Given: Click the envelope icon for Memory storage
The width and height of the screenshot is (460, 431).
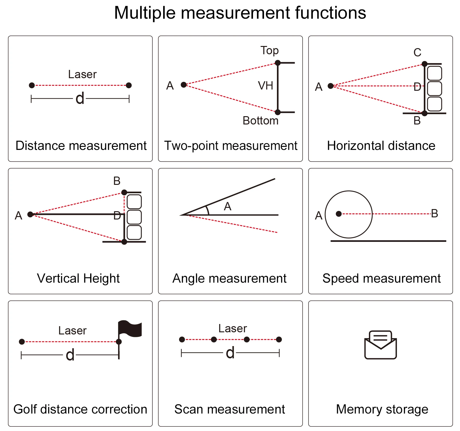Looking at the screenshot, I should tap(381, 345).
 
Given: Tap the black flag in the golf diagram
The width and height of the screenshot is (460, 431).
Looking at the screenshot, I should tap(130, 329).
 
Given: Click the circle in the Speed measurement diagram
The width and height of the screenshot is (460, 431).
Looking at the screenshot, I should tap(349, 214).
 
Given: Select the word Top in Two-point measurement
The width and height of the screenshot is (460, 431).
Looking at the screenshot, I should tap(270, 50).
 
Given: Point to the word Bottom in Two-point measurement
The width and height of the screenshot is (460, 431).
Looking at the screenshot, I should tap(260, 120).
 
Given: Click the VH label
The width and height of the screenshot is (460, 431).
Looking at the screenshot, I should tap(266, 86).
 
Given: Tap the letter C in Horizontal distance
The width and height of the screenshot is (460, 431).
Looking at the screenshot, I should tap(417, 52).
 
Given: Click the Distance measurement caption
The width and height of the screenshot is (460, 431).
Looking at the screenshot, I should tap(81, 146).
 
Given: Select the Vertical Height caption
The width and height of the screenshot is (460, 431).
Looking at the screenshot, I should tap(78, 278).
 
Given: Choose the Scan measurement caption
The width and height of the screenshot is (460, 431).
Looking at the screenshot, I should tap(230, 409).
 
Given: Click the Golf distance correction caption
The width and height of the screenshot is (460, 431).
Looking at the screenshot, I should tap(80, 409).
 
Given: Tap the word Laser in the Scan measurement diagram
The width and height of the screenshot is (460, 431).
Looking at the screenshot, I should tap(232, 329).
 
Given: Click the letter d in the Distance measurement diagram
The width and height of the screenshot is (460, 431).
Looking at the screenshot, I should tap(80, 98).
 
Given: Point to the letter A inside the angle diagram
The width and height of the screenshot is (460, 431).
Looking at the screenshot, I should tap(228, 207).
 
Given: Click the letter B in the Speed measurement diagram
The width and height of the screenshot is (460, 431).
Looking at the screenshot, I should tap(434, 213).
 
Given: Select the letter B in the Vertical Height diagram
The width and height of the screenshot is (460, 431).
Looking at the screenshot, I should tap(117, 181).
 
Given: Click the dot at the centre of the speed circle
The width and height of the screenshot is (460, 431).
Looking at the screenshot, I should tap(339, 214).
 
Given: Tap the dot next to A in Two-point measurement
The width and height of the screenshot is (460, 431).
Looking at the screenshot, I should tap(184, 85).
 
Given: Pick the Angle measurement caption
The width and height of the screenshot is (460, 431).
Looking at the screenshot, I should tap(229, 278).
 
